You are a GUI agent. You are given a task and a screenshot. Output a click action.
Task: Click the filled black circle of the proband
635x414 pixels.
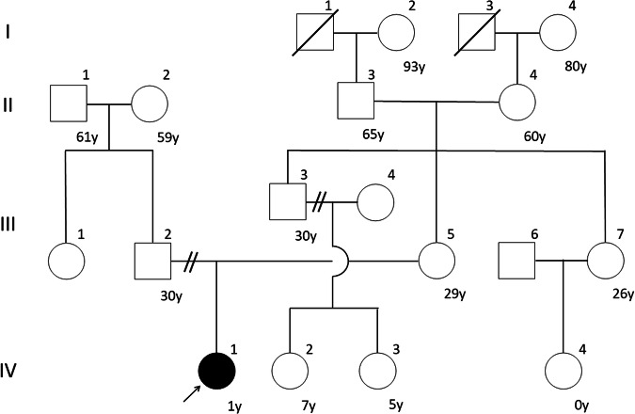pos(216,371)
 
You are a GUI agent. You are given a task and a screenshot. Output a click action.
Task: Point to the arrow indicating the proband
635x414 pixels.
pos(192,393)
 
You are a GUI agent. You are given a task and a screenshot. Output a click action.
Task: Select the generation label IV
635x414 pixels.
pos(8,371)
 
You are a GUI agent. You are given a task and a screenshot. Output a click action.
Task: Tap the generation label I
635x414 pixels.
pos(8,32)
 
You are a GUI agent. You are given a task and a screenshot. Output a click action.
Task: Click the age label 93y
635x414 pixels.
pos(414,67)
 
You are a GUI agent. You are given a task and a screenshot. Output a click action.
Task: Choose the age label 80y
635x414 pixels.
pos(575,66)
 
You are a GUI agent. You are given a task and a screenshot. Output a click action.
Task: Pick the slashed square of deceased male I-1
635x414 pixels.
pos(315,32)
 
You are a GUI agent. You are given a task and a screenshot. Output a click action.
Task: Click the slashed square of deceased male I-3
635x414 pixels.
pos(477,32)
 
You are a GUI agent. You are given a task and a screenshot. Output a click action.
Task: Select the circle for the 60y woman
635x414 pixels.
pos(517,102)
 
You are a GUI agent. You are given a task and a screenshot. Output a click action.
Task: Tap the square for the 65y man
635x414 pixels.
pos(356,101)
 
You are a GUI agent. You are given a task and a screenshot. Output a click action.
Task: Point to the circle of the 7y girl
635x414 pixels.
pos(290,371)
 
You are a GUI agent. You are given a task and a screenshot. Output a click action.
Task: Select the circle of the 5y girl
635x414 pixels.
pos(377,371)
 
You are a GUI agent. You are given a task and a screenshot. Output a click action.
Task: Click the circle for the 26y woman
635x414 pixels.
pos(606,261)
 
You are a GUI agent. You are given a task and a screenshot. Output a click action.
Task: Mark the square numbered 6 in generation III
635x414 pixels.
pos(516,261)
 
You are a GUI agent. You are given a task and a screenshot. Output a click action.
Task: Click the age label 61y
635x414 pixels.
pos(87,138)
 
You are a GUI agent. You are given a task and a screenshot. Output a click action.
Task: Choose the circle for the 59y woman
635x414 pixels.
pos(150,103)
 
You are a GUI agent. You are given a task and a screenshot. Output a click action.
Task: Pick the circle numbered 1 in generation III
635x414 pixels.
pos(66,261)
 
